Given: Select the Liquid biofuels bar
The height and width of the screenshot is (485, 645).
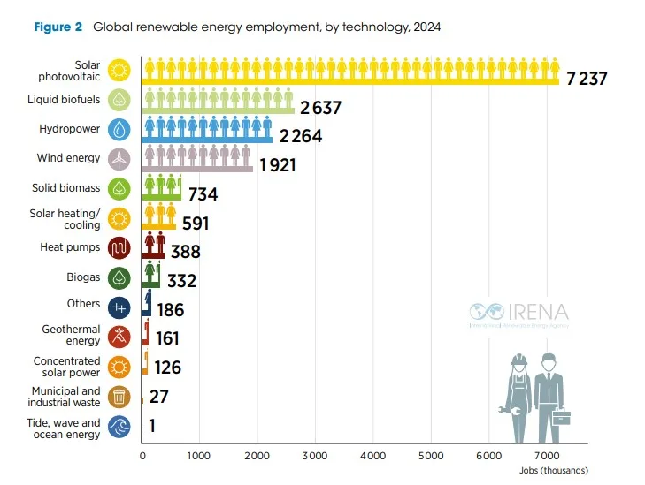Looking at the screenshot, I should (x=218, y=110).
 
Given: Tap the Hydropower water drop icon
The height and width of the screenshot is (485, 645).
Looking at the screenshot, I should (x=119, y=130).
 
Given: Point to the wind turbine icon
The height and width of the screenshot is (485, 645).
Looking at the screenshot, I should (x=119, y=159).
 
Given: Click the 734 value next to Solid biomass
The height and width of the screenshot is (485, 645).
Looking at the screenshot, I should (x=203, y=194).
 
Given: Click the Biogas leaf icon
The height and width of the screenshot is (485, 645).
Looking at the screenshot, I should (x=119, y=277).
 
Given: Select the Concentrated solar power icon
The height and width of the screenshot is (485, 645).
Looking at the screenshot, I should (x=119, y=366).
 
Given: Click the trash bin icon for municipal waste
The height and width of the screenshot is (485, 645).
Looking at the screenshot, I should (x=119, y=397).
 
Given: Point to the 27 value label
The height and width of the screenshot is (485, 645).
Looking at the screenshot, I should (x=160, y=397).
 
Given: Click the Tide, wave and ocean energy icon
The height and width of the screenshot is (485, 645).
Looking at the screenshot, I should (x=119, y=428).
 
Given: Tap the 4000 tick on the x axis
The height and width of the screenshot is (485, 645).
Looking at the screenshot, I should (x=372, y=457).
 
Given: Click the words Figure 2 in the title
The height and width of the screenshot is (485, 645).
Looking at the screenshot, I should (x=58, y=27).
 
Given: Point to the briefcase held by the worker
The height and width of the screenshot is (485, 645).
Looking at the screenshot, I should (x=560, y=414).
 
